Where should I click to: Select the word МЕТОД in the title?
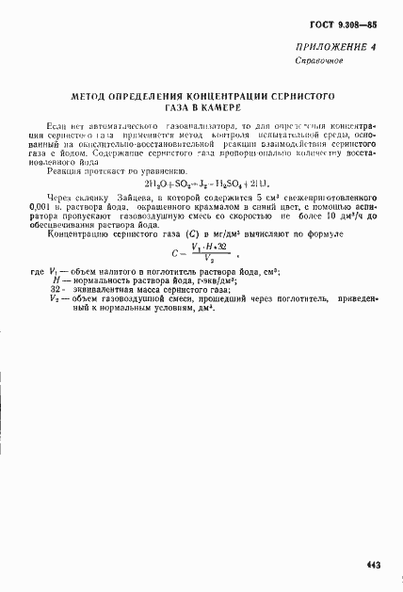[94, 96]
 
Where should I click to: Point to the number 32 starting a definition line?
[56, 290]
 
